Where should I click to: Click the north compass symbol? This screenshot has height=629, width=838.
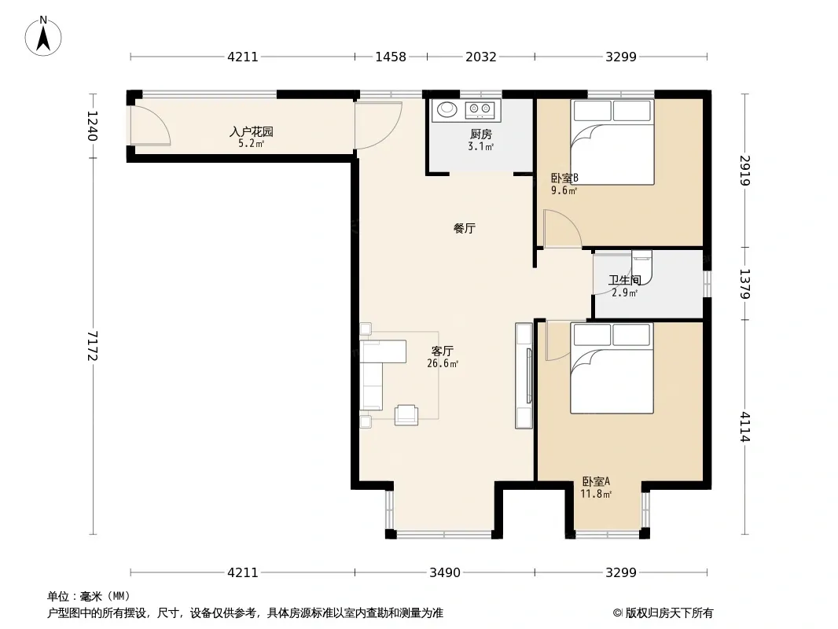[x=43, y=36]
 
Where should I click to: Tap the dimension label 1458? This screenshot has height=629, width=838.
[x=391, y=57]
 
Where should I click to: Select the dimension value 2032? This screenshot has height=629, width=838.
[x=481, y=57]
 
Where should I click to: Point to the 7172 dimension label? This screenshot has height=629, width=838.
[x=93, y=346]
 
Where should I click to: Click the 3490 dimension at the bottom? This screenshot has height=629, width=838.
[x=445, y=573]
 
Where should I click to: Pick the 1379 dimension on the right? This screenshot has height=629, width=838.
[x=745, y=284]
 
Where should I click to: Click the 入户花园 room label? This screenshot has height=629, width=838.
[x=252, y=131]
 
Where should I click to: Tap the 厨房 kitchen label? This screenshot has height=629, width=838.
[x=481, y=134]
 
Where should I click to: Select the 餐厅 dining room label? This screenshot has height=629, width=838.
[x=465, y=228]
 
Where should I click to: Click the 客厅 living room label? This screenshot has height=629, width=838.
[x=443, y=351]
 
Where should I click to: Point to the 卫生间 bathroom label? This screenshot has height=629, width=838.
[x=625, y=280]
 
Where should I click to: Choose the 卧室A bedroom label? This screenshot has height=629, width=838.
[x=596, y=481]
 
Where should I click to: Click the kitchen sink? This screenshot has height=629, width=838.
[x=447, y=109]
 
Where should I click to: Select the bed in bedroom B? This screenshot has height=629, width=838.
[x=612, y=142]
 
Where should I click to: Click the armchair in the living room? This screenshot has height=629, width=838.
[x=406, y=414]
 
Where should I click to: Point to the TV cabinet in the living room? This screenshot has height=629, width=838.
[x=524, y=376]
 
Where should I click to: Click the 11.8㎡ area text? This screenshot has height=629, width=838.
[x=596, y=495]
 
